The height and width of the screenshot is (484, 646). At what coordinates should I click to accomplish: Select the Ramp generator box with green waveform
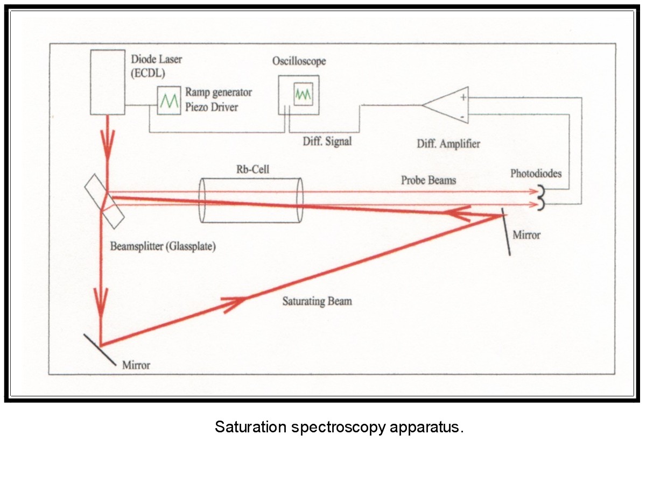[169, 101]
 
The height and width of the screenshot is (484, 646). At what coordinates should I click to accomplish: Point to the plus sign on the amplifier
[462, 97]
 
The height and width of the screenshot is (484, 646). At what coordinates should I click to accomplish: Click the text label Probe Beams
[428, 180]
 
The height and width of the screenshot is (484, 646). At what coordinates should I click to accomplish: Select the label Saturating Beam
[317, 301]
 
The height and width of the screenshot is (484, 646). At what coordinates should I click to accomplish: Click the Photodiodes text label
[537, 174]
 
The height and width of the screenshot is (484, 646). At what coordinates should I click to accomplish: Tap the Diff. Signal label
[327, 141]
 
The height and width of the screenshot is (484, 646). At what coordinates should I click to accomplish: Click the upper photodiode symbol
[540, 191]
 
